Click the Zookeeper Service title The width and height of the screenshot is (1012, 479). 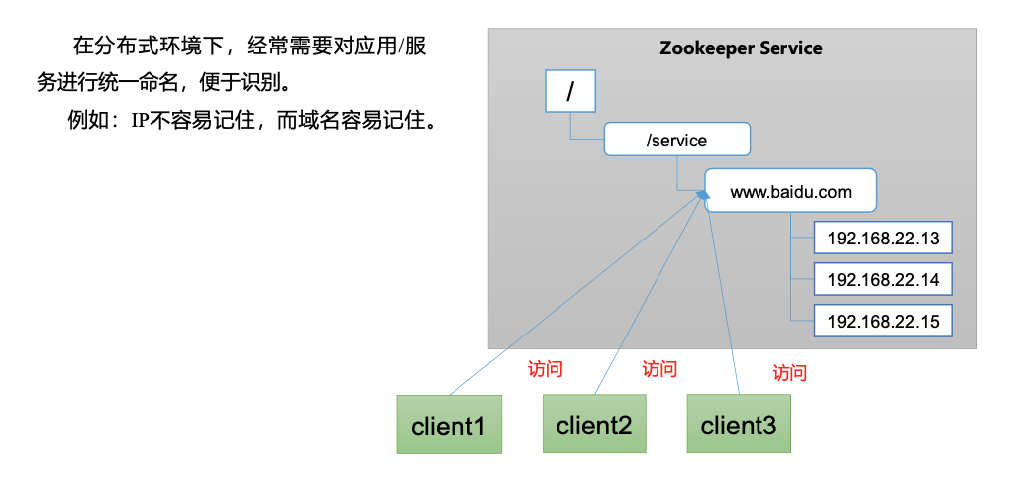pyautogui.click(x=741, y=48)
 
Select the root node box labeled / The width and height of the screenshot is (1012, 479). pyautogui.click(x=569, y=92)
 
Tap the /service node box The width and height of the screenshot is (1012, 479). pyautogui.click(x=676, y=140)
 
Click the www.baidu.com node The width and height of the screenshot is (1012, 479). pyautogui.click(x=790, y=191)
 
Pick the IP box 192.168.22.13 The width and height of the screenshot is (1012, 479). pyautogui.click(x=882, y=239)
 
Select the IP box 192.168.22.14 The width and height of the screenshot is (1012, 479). pyautogui.click(x=882, y=280)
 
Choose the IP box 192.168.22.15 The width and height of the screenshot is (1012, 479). pyautogui.click(x=882, y=321)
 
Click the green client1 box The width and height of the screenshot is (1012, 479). pyautogui.click(x=449, y=426)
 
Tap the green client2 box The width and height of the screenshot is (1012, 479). pyautogui.click(x=593, y=425)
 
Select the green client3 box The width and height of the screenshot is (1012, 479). pyautogui.click(x=739, y=425)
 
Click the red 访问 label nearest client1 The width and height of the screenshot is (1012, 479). pyautogui.click(x=545, y=370)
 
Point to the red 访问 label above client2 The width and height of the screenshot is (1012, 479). pyautogui.click(x=659, y=369)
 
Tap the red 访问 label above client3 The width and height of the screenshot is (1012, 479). pyautogui.click(x=789, y=373)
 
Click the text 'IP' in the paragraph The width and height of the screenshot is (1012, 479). pyautogui.click(x=139, y=122)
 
